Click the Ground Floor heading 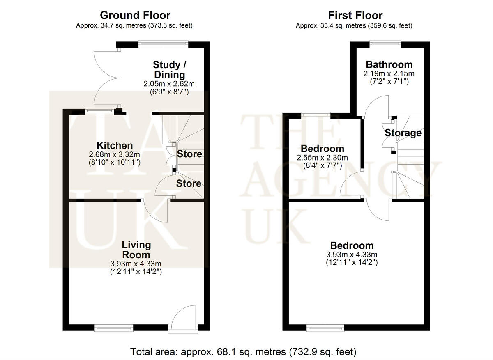(x=135, y=16)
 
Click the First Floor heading (x=355, y=16)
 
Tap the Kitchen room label (x=115, y=145)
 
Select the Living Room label (x=136, y=250)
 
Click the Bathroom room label (x=389, y=64)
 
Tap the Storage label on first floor (x=403, y=133)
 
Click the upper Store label (x=189, y=154)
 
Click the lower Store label (x=189, y=183)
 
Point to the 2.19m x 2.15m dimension (x=389, y=74)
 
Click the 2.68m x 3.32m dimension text (x=115, y=155)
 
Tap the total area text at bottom (x=243, y=352)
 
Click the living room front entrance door (x=183, y=318)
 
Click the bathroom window (x=385, y=44)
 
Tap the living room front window (x=114, y=328)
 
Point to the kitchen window (x=99, y=110)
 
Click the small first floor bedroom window (x=316, y=115)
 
